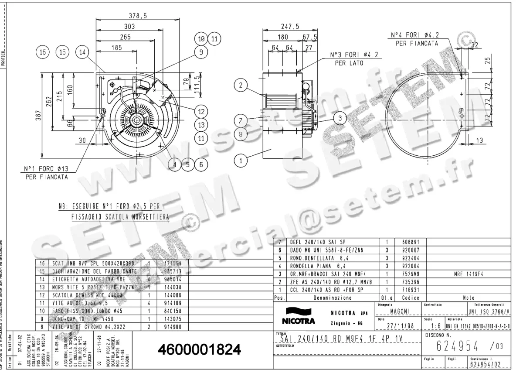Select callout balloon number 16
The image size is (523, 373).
coord(42,52)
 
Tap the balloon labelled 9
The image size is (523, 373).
coord(201,52)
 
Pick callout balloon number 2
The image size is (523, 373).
coord(240,86)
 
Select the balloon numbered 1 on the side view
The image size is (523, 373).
coord(240,161)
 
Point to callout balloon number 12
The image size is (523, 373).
coord(201,112)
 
